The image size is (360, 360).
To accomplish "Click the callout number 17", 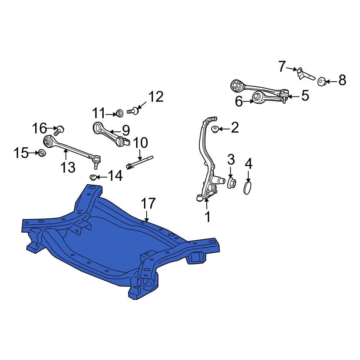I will (148, 204).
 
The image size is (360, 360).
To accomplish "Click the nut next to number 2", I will (215, 129).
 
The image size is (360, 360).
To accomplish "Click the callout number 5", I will (305, 96).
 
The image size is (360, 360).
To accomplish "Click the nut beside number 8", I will (321, 82).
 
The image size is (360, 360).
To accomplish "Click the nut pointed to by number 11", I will (120, 113).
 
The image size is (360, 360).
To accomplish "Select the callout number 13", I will (68, 167).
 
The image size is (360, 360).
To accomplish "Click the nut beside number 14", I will (93, 177).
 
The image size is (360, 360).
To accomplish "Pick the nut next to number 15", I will (41, 153).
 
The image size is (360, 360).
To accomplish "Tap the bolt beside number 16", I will (60, 129).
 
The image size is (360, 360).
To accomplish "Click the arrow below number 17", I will (147, 216).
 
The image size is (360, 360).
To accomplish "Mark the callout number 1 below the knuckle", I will (207, 217).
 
